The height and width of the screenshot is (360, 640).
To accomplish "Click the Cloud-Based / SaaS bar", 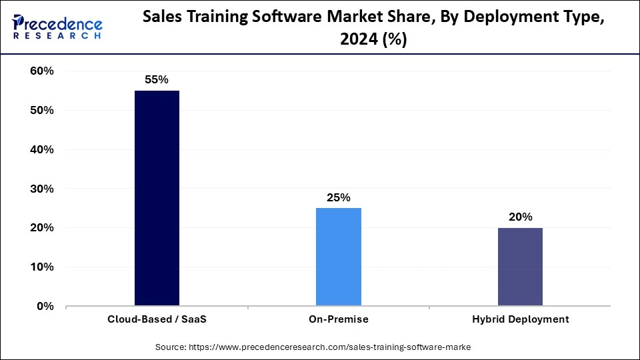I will tap(157, 198).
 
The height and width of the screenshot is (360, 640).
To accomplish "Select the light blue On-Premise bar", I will tap(339, 257).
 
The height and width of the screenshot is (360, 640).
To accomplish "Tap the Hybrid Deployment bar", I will tap(520, 267).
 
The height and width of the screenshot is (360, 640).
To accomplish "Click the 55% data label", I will tap(157, 79).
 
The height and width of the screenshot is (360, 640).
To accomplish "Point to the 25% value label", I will tap(339, 197).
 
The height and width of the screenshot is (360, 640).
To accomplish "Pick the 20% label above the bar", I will tap(520, 217).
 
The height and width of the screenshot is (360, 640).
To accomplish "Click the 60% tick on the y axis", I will tap(41, 71).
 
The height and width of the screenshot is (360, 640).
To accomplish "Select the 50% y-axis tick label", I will tap(41, 111).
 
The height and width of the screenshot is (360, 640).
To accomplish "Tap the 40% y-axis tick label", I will tap(41, 150).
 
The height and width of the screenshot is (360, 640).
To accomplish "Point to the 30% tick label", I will tap(41, 189).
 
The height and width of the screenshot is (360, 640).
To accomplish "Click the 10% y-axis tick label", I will tap(41, 267).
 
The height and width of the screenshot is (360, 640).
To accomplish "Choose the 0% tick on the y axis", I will tap(45, 307).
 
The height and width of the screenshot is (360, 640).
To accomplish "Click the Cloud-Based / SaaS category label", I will tap(157, 319).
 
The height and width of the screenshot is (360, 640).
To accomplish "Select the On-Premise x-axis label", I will tap(339, 319).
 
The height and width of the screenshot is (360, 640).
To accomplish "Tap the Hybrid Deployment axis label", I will tap(520, 319).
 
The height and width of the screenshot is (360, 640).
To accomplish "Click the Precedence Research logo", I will tap(57, 27).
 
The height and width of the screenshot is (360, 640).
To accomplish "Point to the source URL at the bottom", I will tap(319, 347).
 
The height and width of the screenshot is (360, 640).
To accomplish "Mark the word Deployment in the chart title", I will tap(494, 19).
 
